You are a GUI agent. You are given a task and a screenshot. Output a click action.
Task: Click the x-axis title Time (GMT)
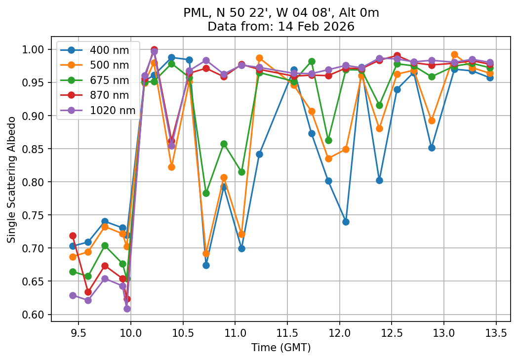(x=280, y=348)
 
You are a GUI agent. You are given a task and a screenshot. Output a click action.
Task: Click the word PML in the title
(x=193, y=13)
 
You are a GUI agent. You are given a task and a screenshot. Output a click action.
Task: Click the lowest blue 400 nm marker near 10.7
(x=206, y=265)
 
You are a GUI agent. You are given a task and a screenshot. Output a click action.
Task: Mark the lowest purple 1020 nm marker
(x=127, y=309)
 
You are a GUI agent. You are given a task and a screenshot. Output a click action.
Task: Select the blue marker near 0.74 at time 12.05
(x=346, y=222)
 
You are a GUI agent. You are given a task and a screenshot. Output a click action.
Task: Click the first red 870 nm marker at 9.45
(x=73, y=236)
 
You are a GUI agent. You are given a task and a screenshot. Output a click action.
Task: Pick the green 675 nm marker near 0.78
(x=206, y=193)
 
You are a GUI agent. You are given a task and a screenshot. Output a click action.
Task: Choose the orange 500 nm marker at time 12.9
(x=432, y=120)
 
